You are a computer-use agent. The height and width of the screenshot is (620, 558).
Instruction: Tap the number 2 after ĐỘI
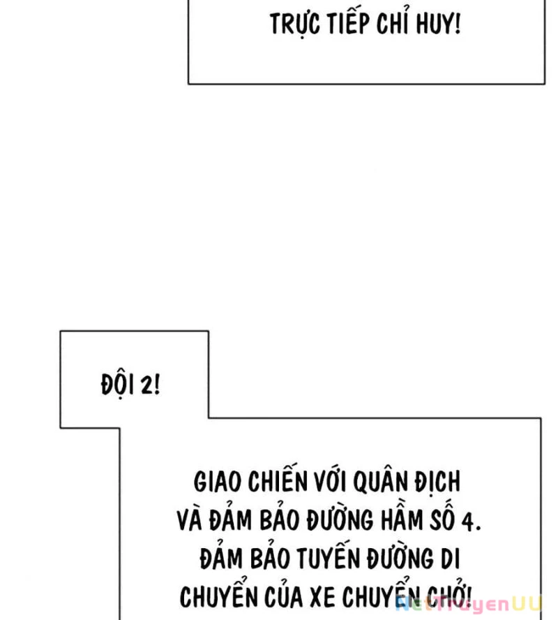click(x=151, y=385)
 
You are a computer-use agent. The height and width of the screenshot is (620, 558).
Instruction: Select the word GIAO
click(x=218, y=482)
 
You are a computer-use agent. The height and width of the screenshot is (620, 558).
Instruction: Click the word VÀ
click(x=190, y=519)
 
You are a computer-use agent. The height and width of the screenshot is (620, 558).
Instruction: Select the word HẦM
click(x=402, y=519)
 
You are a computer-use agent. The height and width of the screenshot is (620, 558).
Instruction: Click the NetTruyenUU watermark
click(x=469, y=605)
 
